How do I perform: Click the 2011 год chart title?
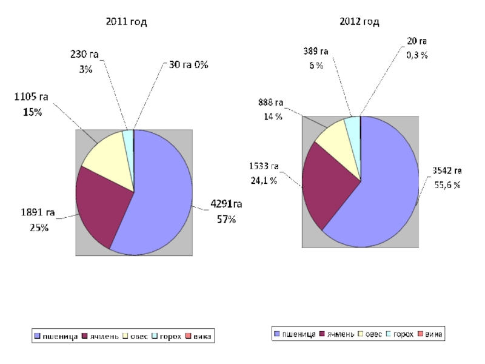pos(126,22)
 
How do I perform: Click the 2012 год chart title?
pos(359,22)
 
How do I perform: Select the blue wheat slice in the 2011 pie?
pos(158,200)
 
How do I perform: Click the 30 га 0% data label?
pos(188,65)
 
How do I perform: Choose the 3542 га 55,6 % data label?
pos(447,178)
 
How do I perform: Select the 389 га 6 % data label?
pos(316,58)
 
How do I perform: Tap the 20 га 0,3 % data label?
pos(416,48)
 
